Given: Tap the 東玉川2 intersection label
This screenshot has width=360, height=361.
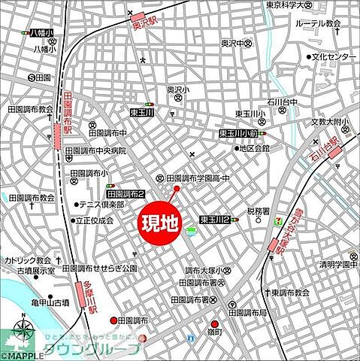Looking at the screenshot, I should point(214,220).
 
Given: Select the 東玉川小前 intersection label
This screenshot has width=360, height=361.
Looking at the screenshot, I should point(238,133).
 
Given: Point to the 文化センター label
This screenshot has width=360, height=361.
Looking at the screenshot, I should point(334,57).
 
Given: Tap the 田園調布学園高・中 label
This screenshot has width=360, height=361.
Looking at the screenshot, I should point(199,178).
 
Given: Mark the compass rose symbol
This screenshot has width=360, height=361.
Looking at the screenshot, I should point(23,332).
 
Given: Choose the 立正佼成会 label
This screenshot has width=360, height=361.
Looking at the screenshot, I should point(94,221).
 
